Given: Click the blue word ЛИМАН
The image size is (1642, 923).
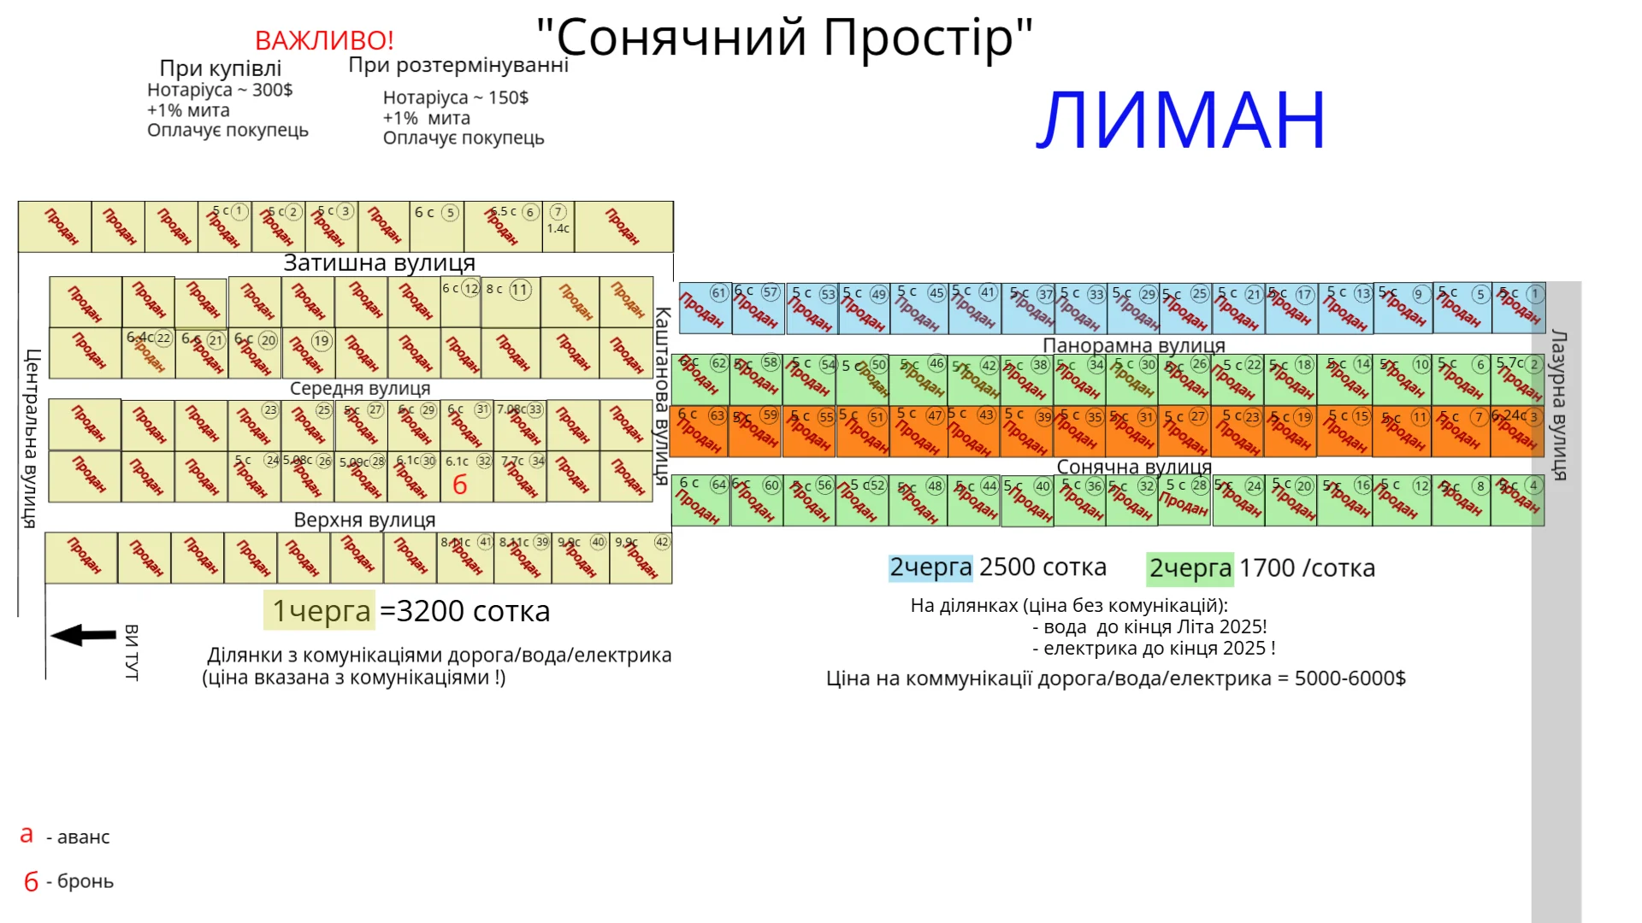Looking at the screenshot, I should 1180,121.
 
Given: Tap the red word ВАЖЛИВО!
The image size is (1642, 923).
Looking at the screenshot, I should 324,40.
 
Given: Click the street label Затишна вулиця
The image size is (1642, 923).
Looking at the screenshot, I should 379,263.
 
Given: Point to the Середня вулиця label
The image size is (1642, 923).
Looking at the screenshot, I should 360,388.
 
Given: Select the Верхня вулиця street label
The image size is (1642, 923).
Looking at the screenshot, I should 364,520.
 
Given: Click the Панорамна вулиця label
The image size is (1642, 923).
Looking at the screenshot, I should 1133,345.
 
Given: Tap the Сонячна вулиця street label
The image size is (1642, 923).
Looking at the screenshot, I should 1134,467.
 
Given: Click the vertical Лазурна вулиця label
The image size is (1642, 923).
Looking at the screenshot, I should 1558,405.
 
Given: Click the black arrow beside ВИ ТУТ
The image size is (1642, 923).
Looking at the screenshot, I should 83,635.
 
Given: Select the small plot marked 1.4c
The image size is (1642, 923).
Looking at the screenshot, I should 558,227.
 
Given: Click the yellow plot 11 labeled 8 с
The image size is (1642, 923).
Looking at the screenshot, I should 511,303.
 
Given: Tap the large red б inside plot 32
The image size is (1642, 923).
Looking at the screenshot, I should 460,485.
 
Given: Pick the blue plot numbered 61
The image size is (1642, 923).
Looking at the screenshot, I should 704,308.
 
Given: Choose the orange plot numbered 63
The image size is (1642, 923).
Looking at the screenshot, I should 699,432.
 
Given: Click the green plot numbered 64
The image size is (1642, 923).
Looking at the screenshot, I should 700,500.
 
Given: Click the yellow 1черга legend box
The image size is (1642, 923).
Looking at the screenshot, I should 319,610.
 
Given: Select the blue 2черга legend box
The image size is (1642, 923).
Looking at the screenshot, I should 930,567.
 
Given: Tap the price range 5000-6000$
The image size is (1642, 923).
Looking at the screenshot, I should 1350,679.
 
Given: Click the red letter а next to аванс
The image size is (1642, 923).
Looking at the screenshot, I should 27,835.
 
